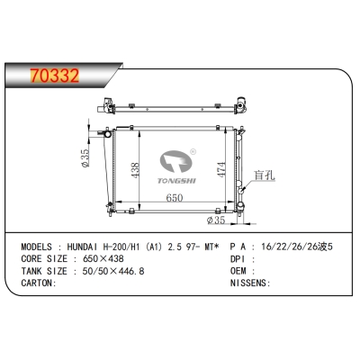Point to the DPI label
click(238, 256)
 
